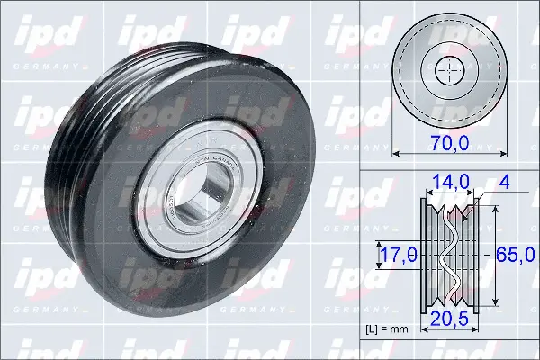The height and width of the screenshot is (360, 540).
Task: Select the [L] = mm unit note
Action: [x=387, y=329]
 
